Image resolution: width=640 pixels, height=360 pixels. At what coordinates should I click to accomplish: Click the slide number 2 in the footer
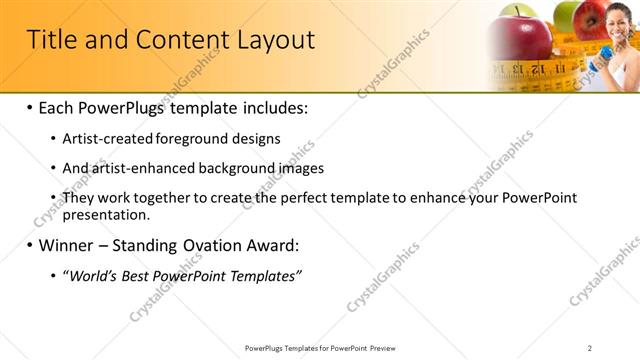[590, 347]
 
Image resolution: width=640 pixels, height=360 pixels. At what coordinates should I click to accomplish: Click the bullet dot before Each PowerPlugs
[30, 106]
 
